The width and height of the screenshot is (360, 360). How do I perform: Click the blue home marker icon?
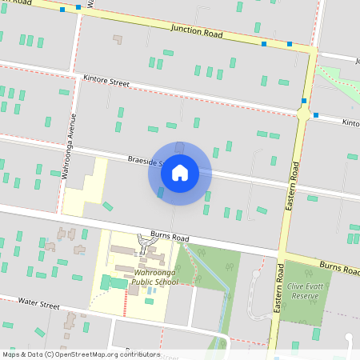pos(180,173)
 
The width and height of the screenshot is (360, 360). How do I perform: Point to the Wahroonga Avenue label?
pos(69,144)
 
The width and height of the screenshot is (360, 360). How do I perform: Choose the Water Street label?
pos(39,305)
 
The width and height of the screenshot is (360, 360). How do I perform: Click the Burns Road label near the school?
pos(170,238)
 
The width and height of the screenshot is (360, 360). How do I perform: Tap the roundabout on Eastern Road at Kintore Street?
pos(303,114)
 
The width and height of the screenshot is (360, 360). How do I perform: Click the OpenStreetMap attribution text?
pos(81,354)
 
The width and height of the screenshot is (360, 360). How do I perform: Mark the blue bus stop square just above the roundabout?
pos(304,101)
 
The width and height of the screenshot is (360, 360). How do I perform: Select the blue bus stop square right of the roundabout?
pos(316,115)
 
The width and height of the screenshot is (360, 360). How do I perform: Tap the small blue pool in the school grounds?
pos(150,301)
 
